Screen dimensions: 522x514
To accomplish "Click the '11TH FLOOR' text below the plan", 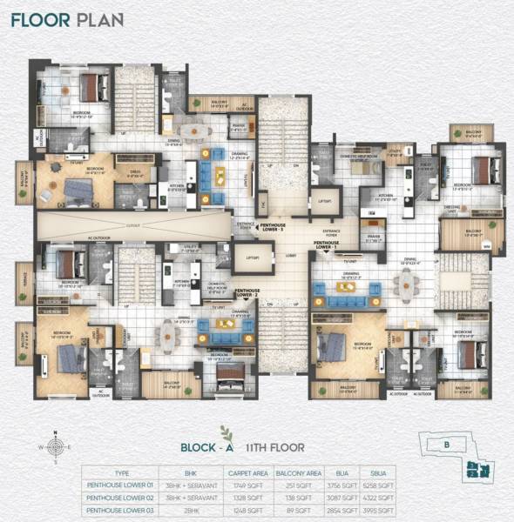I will (275, 448).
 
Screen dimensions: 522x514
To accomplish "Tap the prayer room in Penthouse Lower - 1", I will (375, 238).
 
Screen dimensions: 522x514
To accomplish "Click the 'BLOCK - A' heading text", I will (207, 448).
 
